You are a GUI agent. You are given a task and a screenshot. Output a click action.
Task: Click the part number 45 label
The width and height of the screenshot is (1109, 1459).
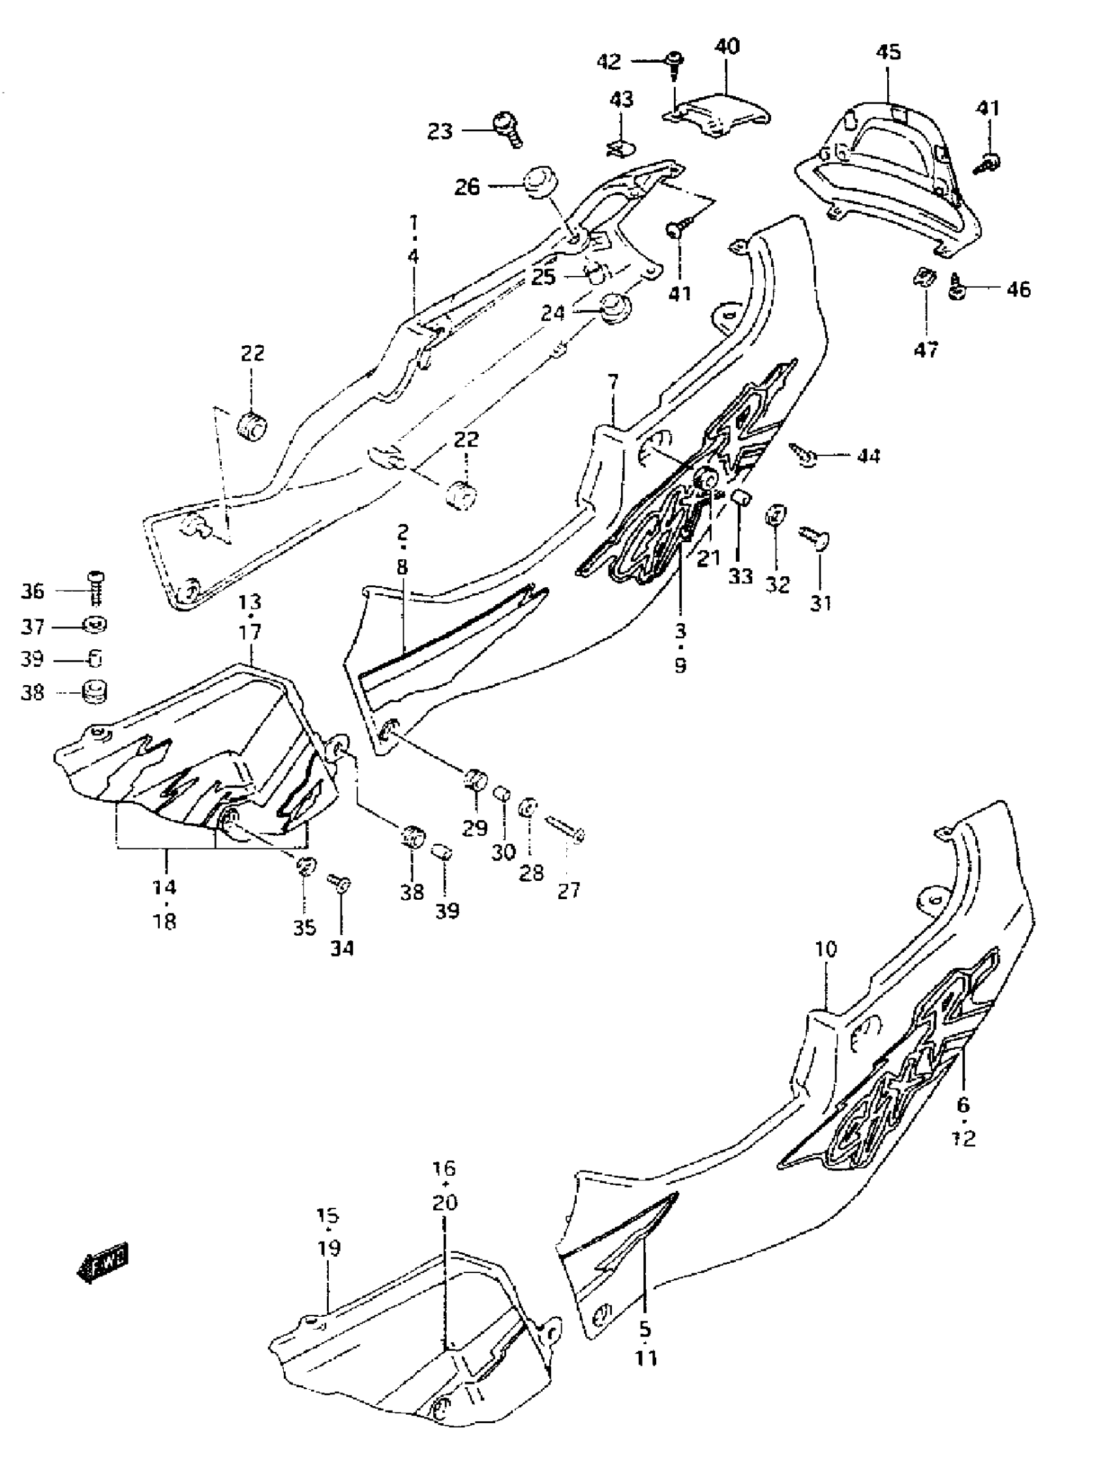(889, 52)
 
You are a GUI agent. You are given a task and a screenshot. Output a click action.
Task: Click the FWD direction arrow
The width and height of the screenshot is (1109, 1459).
(104, 1263)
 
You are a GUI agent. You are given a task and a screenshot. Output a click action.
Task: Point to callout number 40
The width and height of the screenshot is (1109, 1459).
(727, 46)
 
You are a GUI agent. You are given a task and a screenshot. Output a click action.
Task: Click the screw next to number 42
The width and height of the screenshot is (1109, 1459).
(674, 63)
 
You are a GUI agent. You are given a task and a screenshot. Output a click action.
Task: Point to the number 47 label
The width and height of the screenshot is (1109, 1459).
(926, 350)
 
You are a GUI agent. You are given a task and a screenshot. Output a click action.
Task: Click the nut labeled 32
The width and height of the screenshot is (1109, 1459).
(776, 514)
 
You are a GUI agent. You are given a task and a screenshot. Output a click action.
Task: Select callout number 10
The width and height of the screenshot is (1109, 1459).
(825, 949)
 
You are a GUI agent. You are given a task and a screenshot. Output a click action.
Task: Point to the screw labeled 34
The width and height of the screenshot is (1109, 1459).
(340, 882)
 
